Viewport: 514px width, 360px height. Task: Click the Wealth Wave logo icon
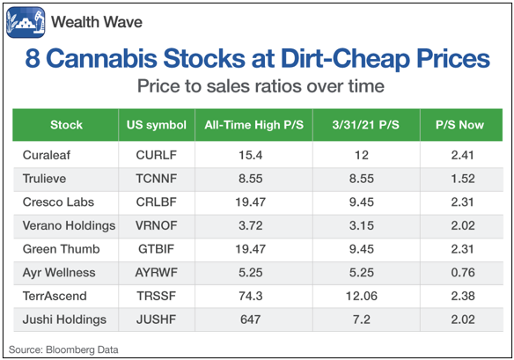click(26, 22)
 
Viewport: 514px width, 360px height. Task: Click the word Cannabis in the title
click(101, 58)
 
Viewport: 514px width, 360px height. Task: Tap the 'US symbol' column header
click(157, 125)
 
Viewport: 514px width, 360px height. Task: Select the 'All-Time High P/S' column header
click(254, 125)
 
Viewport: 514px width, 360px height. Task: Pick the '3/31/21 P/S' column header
click(365, 125)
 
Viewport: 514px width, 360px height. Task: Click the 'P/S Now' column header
click(459, 125)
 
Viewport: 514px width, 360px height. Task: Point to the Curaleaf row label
click(47, 155)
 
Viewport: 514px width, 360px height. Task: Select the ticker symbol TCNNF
click(157, 179)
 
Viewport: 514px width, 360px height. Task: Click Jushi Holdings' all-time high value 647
click(251, 320)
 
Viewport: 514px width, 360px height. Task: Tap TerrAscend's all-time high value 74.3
click(251, 296)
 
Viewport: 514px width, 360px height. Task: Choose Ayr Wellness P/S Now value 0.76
click(463, 272)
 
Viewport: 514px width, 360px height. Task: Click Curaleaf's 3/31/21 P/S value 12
click(361, 155)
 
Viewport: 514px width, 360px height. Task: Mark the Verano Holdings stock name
click(69, 225)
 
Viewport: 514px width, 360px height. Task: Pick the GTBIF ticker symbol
click(157, 249)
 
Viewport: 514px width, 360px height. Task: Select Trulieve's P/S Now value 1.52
click(463, 179)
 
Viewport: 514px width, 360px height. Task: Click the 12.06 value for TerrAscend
click(361, 296)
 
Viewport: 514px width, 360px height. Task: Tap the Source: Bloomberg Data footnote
click(63, 349)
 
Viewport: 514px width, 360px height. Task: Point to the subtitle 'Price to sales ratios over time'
click(261, 86)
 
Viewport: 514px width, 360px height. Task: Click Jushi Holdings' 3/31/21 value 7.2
click(361, 320)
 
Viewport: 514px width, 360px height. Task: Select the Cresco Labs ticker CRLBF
click(157, 202)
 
